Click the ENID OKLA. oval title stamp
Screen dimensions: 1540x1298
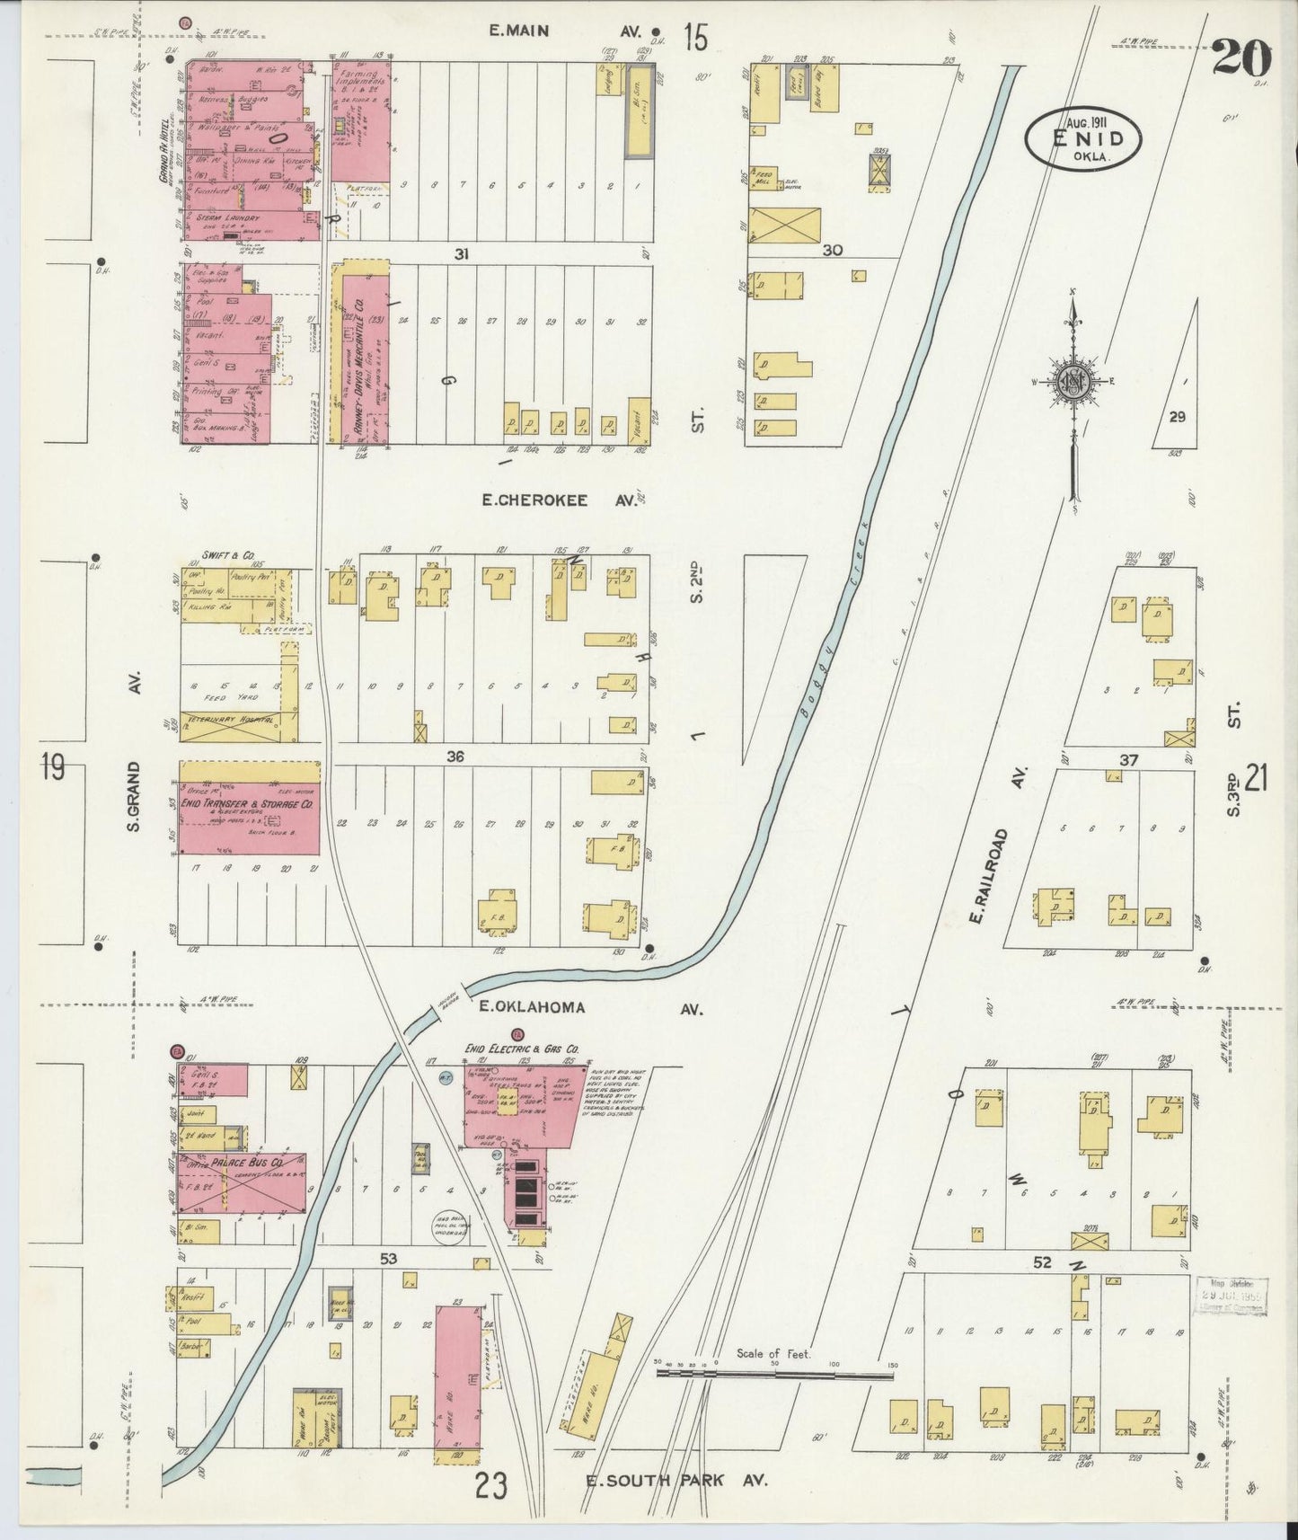coord(1084,139)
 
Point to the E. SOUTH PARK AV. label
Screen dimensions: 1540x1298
coord(676,1481)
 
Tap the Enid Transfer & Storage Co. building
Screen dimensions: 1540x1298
coord(249,807)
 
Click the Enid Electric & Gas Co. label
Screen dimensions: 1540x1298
coord(521,1048)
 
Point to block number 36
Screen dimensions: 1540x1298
coord(455,757)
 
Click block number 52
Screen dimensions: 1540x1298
coord(1041,1262)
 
